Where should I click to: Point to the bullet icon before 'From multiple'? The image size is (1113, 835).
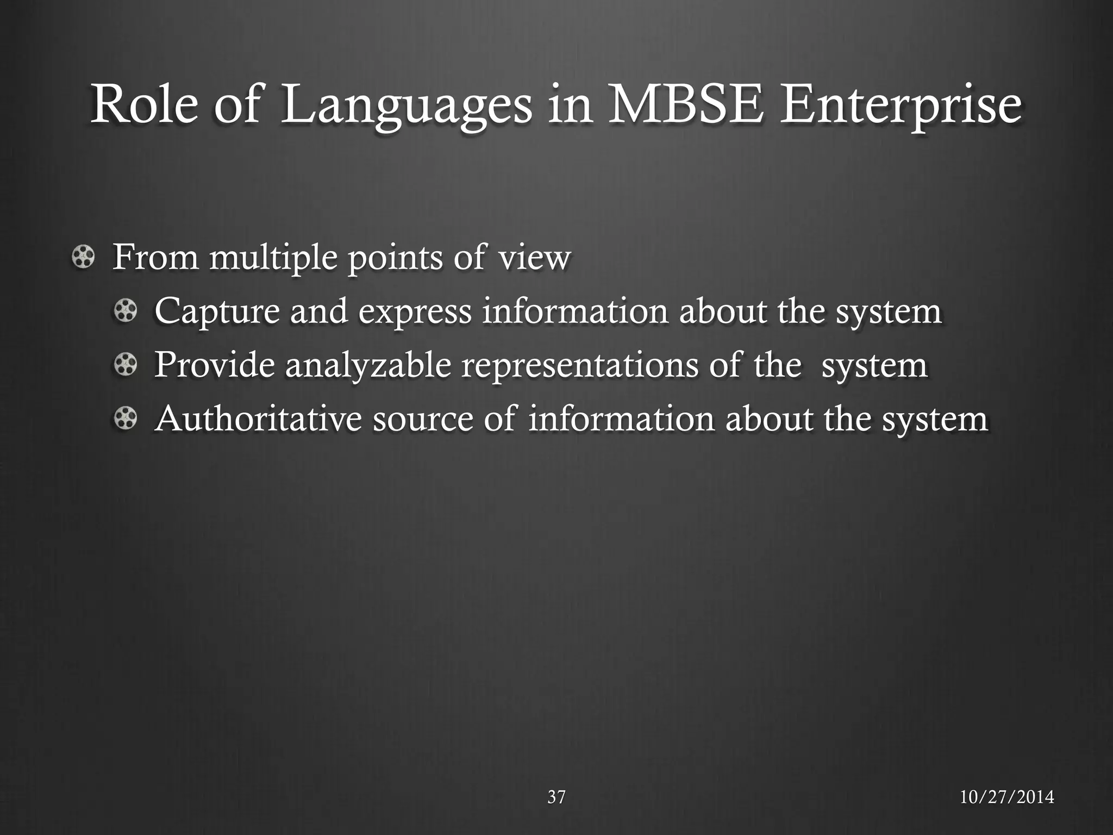point(83,257)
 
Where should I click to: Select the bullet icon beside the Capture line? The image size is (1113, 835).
point(126,311)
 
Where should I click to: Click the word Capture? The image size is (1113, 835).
point(217,312)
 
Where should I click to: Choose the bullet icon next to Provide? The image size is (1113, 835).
point(126,365)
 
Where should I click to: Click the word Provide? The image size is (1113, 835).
point(215,365)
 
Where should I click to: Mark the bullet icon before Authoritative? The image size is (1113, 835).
point(126,419)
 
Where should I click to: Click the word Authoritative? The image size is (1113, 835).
point(258,419)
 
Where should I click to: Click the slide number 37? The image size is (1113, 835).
point(556,797)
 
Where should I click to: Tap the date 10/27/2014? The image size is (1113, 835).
point(1006,797)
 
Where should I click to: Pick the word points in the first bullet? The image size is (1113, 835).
point(395,258)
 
